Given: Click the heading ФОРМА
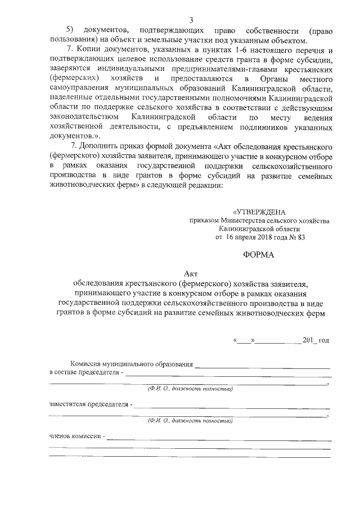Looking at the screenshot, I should (259, 255).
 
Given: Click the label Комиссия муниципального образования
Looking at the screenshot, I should (132, 364).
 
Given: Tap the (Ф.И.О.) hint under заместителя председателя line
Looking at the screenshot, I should (190, 420).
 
